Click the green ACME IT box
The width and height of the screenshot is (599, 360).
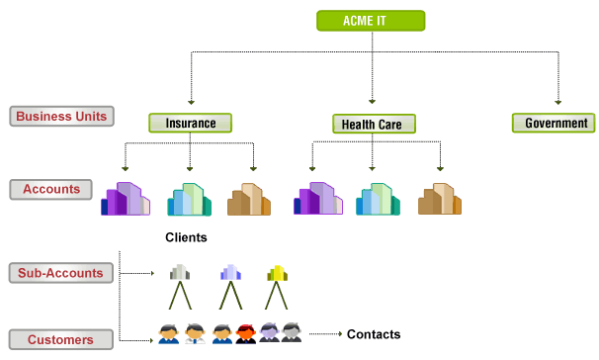click(x=370, y=20)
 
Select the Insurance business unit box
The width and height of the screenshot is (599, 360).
click(x=190, y=123)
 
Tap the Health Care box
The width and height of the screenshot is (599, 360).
click(x=373, y=124)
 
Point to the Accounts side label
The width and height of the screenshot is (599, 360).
click(x=51, y=189)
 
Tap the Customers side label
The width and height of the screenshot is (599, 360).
click(x=58, y=339)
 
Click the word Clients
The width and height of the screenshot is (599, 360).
click(x=187, y=237)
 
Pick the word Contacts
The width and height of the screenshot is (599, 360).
click(x=374, y=334)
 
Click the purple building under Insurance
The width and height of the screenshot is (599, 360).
click(x=126, y=199)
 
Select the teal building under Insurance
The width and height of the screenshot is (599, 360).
click(x=190, y=199)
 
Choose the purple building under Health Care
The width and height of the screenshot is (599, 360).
click(x=317, y=199)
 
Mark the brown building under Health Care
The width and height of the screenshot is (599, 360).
click(x=440, y=199)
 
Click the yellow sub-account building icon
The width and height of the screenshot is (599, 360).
click(x=277, y=273)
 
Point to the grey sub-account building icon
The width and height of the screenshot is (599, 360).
click(x=179, y=273)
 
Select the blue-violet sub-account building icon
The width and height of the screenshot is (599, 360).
click(x=229, y=273)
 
